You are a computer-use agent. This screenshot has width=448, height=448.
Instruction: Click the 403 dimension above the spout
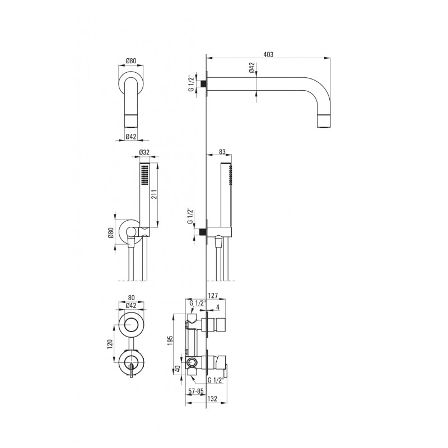(268, 54)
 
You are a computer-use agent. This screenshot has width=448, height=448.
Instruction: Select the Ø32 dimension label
(144, 152)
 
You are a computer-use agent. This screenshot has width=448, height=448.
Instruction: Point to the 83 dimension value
(222, 152)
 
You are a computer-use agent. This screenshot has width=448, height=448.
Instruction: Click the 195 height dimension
(170, 341)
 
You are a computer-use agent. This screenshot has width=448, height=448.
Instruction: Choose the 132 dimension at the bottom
(212, 399)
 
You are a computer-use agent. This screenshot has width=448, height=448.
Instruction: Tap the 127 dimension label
(213, 296)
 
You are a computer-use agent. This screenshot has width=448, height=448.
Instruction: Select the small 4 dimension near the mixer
(218, 307)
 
